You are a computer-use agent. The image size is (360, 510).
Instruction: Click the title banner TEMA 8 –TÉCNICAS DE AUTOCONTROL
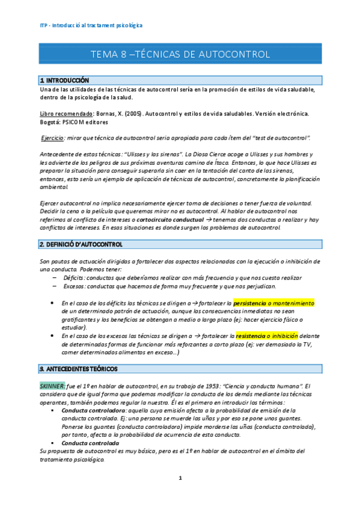coord(180,55)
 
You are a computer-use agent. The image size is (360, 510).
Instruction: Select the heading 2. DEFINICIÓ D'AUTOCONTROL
coord(81,245)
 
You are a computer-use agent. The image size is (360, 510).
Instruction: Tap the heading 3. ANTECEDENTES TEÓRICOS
coord(78,368)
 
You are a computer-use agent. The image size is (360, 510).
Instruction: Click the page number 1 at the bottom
coord(180,478)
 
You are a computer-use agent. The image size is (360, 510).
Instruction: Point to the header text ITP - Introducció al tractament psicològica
coord(87,26)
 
